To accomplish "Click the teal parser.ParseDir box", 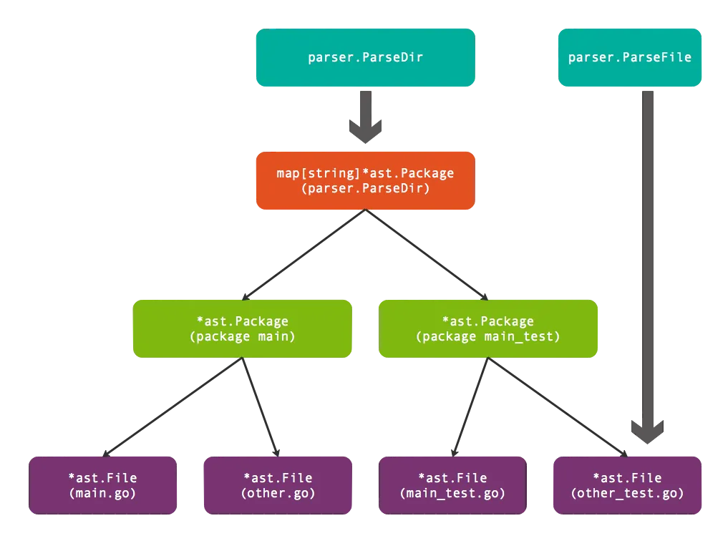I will pos(365,57).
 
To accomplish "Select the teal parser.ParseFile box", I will pos(629,57).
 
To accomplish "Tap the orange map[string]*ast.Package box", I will pos(365,180).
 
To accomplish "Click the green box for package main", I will pos(242,328).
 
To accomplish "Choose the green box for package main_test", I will pos(488,328).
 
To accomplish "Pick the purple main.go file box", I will pos(102,484).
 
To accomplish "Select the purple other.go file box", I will pos(278,484).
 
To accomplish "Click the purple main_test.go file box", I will pos(452,484).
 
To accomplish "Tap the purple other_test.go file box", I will pos(627,484).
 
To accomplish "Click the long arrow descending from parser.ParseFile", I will pos(649,258).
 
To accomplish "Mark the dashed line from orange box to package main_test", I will pos(428,255).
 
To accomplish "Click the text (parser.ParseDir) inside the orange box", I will pos(365,189).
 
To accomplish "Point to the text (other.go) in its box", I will pos(278,493).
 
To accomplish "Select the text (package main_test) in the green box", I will pos(488,336).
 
